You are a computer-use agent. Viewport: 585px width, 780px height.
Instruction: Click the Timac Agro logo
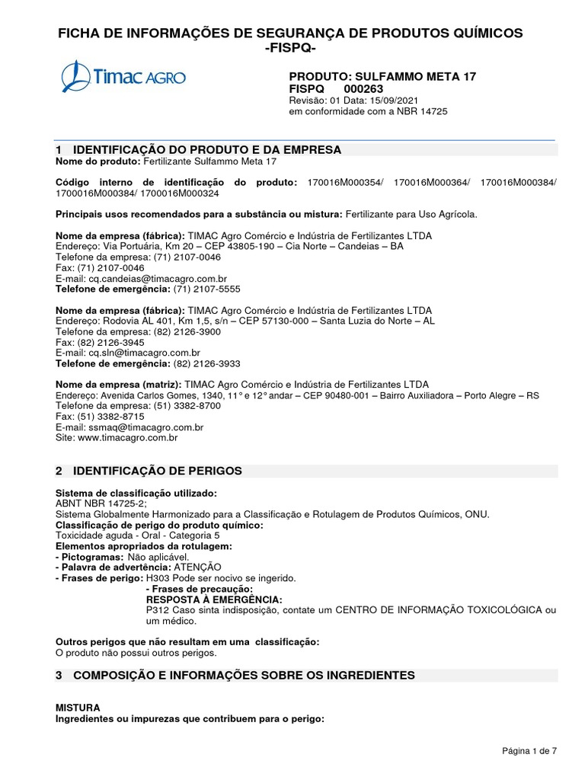pos(123,77)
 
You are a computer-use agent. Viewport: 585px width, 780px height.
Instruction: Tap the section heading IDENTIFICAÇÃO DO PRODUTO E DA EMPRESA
pos(206,149)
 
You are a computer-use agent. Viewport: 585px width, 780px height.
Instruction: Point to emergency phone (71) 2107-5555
pos(206,289)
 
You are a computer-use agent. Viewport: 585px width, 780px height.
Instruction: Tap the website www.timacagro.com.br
pos(127,438)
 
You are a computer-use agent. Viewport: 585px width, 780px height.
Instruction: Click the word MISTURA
pos(78,708)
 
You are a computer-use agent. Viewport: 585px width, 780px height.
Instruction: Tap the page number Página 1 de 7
pos(529,752)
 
